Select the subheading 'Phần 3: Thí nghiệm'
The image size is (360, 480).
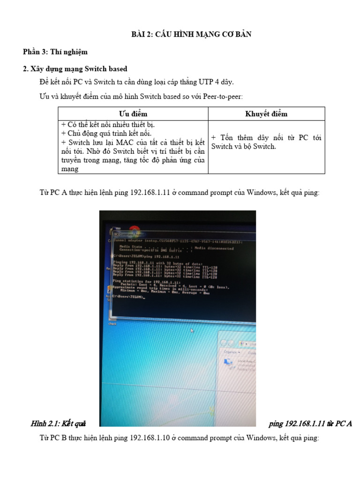[x=55, y=52]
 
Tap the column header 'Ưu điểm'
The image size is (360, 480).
[x=133, y=114]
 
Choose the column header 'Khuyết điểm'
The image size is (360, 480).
[x=266, y=114]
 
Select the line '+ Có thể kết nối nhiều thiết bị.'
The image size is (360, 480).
[x=108, y=125]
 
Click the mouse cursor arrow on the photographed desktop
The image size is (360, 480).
[x=192, y=330]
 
